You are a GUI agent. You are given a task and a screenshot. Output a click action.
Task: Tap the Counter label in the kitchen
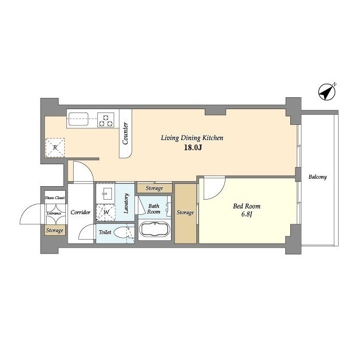pos(125,134)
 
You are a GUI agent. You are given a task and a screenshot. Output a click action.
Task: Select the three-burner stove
pos(106,120)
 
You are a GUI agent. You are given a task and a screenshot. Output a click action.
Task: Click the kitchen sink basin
pos(79,119)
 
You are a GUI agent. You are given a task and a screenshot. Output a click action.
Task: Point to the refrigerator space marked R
pos(55,147)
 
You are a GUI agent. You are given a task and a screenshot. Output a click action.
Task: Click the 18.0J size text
pos(192,147)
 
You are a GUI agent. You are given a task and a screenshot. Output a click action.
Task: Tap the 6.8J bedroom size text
pos(247,215)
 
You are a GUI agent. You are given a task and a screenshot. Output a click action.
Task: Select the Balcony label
pos(317,177)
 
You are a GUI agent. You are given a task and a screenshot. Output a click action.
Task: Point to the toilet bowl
pos(121,232)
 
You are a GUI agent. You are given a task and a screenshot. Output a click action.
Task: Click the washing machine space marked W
pos(106,213)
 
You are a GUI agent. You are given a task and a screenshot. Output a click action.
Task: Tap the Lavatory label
pos(126,203)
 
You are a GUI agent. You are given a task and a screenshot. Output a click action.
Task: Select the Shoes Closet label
pos(55,197)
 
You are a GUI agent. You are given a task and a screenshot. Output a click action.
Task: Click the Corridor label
pos(80,213)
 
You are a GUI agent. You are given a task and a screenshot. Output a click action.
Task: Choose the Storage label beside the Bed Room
pos(185,213)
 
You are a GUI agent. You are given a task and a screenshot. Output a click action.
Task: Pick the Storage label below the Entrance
pos(55,231)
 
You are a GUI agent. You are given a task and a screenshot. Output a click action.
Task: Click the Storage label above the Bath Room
pos(154,188)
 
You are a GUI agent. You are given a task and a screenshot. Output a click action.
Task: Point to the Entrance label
pos(54,213)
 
